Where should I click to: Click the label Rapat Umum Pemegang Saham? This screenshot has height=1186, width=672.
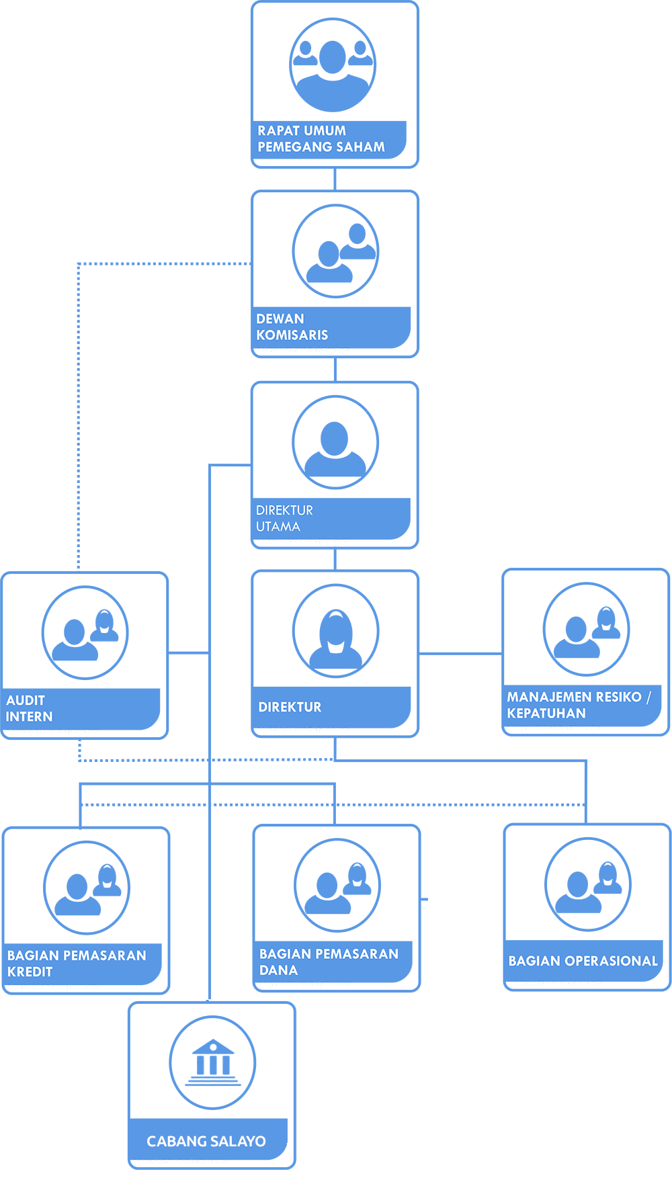point(321,138)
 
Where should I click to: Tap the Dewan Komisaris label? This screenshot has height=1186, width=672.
point(292,327)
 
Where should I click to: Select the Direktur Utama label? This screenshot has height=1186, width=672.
point(284,518)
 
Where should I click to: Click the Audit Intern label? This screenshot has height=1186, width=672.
point(29,708)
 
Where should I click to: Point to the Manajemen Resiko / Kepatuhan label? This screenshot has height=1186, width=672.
point(579,705)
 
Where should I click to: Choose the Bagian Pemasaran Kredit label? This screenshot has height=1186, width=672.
point(77,963)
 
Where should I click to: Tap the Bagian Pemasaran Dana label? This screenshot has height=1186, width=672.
point(329,962)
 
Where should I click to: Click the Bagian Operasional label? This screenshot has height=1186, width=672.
point(583,961)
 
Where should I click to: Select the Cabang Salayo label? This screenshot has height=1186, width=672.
point(206,1141)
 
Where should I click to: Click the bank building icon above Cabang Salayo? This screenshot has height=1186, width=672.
point(212,1062)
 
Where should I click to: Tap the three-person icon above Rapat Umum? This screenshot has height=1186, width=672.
point(333,65)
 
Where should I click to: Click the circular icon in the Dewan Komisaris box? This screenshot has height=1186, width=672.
point(335,251)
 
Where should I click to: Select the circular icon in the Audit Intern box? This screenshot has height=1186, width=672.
point(85,632)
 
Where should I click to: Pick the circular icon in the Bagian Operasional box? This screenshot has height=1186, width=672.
point(588,884)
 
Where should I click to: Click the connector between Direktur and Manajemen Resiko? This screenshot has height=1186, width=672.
point(460,653)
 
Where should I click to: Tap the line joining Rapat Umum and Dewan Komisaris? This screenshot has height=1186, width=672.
point(335,179)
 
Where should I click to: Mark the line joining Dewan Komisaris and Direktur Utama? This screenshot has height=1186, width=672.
point(335,370)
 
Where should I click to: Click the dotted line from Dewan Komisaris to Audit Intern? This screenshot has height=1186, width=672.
point(79,403)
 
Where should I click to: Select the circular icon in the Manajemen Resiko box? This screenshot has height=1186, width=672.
point(586,629)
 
